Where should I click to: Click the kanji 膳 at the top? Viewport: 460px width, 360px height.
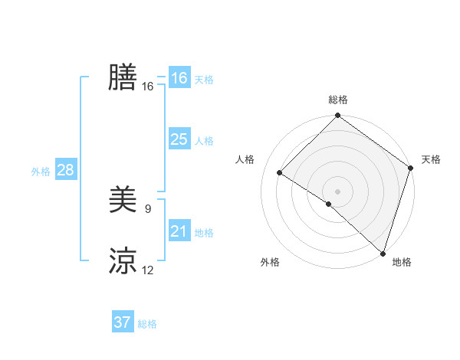point(123,77)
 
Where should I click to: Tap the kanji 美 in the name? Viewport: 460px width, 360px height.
point(123,200)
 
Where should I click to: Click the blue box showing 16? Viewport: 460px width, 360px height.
point(179,78)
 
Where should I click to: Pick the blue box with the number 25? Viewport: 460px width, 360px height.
point(179,139)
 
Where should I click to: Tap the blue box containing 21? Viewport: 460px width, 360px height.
point(179,231)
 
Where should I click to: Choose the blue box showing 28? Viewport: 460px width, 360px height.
point(65,170)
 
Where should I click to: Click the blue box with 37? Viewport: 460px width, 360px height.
point(123,322)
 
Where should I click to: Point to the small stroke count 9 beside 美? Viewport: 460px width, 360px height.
point(148,208)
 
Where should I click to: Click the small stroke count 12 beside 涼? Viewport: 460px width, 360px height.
point(148,270)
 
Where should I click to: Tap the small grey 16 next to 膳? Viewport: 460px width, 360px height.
point(148,87)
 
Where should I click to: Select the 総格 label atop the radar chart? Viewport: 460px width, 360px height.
point(338,100)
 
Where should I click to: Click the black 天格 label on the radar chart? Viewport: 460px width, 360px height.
point(431,159)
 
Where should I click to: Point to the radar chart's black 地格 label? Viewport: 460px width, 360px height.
point(402,262)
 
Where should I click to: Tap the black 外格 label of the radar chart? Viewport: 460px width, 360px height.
point(270,262)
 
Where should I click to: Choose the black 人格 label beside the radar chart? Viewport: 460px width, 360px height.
point(245,159)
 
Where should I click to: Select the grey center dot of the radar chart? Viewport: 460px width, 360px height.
point(337,191)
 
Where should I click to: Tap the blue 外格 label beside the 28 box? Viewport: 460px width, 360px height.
point(41,172)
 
